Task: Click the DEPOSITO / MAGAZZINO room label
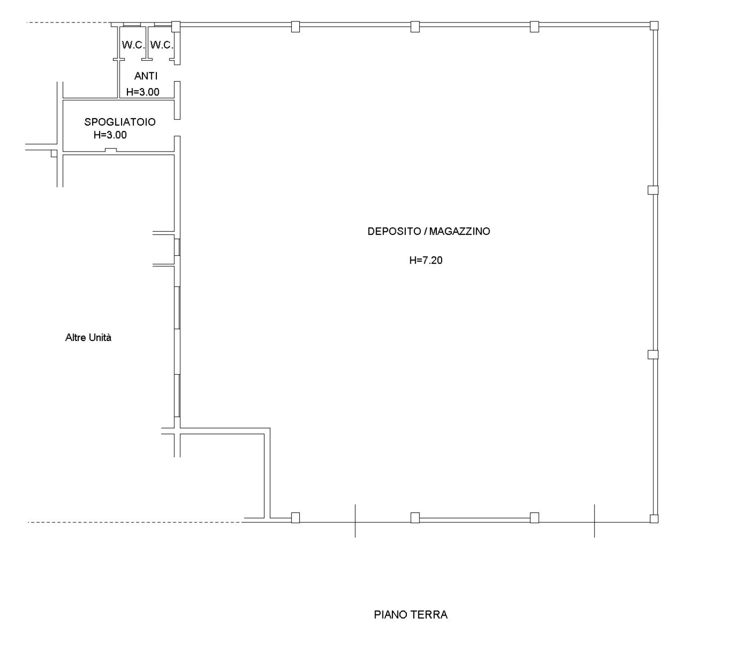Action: (429, 231)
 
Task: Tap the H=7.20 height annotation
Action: (426, 260)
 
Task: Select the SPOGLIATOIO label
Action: (120, 122)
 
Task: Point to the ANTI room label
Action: (146, 76)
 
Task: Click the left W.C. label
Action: (133, 45)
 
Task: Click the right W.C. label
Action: (162, 45)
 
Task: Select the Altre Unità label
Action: (88, 337)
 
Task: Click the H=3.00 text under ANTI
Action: (142, 92)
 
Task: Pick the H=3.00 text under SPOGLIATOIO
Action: (110, 135)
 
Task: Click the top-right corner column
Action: (654, 25)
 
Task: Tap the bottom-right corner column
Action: (654, 518)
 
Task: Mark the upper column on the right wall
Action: (653, 190)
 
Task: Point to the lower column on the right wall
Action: (653, 354)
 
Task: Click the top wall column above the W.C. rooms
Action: (176, 26)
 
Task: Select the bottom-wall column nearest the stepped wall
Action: (295, 517)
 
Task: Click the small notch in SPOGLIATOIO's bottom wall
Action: (111, 150)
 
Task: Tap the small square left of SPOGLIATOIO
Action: (54, 153)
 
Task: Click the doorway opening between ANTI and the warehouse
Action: (177, 73)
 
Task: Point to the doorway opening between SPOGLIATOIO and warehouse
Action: (177, 128)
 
